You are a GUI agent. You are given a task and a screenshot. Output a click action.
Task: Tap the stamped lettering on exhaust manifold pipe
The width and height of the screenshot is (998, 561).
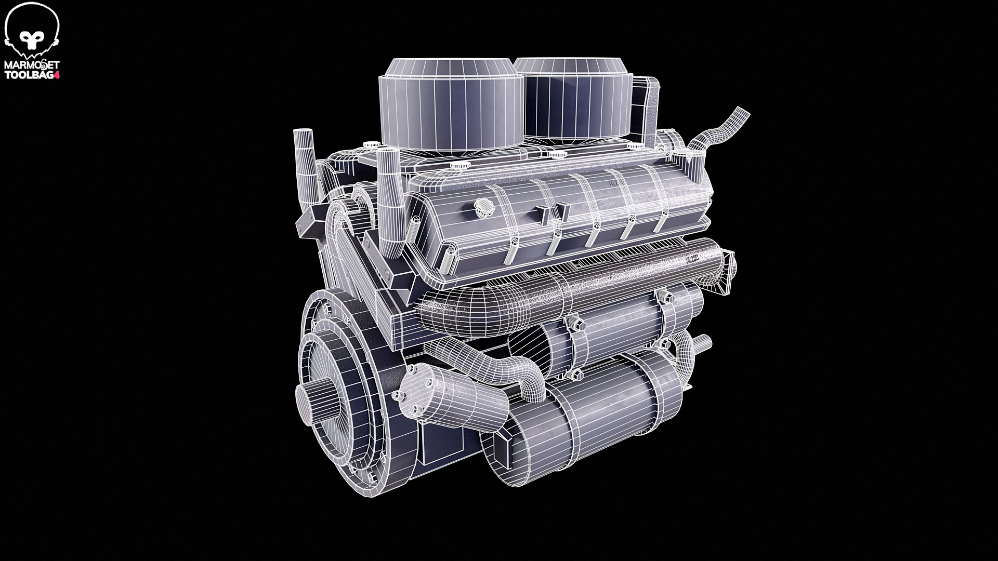(694, 258)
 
